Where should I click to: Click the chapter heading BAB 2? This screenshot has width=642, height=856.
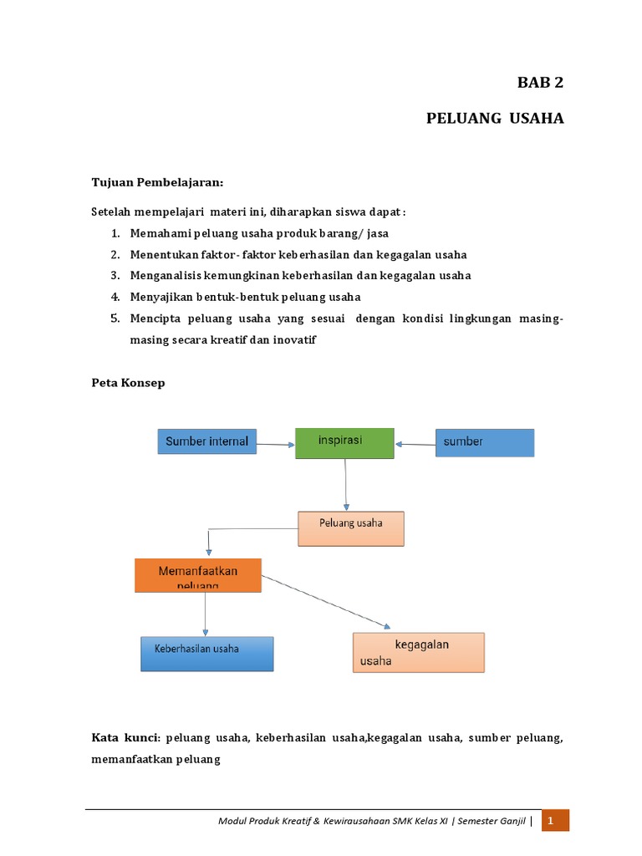coord(541,82)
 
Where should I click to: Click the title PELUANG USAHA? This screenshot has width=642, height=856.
coord(495,118)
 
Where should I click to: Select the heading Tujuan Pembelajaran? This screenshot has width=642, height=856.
coord(157,182)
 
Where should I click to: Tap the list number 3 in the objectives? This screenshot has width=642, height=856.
coord(115,275)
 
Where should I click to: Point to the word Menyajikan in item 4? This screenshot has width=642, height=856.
coord(161,296)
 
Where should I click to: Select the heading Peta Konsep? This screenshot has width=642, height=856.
coord(128,382)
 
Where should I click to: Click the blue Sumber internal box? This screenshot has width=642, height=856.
coord(207,441)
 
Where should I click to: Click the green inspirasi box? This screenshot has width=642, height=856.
coord(344,442)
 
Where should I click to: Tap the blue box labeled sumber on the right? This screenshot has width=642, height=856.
coord(484,442)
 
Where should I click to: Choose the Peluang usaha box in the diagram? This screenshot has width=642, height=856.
coord(351,528)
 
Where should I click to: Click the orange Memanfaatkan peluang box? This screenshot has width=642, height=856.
coord(198,575)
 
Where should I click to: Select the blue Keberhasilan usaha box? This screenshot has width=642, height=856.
coord(206,653)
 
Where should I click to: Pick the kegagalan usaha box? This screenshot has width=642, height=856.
coord(418,652)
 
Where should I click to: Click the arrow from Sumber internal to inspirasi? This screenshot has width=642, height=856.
coord(276,445)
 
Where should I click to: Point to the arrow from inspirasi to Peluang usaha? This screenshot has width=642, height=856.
coord(345,485)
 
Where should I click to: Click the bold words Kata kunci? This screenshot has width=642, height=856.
coord(125,738)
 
